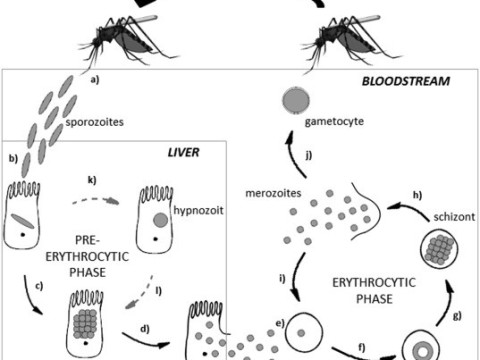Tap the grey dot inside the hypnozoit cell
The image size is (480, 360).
pos(161,218)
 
